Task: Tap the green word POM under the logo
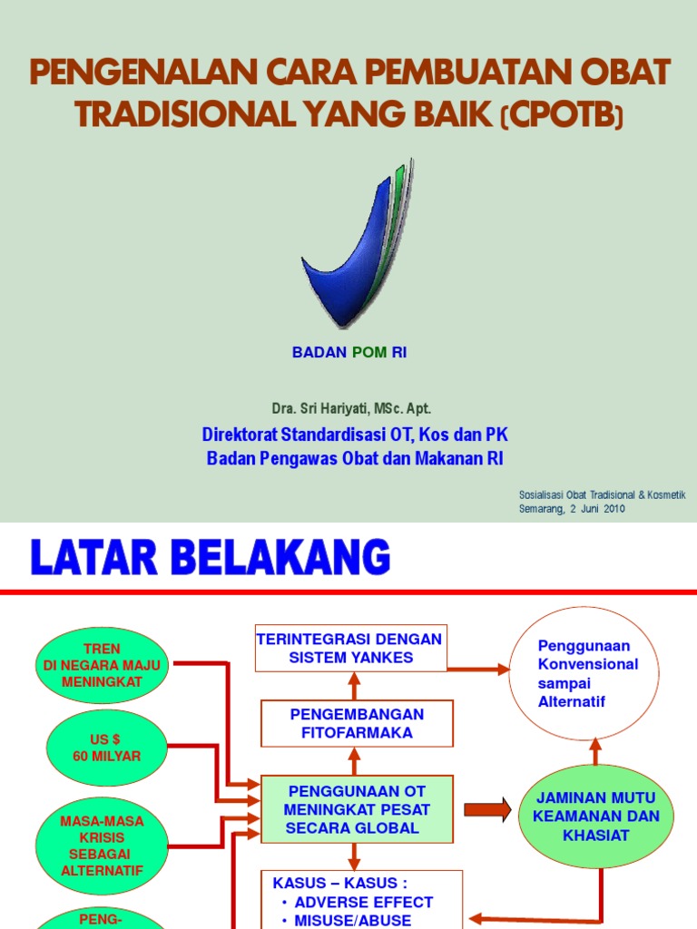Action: pos(369,353)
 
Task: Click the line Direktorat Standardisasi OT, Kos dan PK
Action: pos(354,435)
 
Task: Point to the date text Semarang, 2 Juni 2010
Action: pos(572,509)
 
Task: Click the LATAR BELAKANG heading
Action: pos(211,557)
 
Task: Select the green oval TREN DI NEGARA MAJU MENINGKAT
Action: pos(102,666)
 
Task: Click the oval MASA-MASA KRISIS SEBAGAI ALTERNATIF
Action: pos(102,845)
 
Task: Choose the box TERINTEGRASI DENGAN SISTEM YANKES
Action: pos(349,648)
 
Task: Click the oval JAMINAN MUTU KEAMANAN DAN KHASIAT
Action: pos(595,816)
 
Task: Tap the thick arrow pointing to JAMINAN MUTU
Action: pos(487,808)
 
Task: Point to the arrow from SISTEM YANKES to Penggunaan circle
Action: pos(476,670)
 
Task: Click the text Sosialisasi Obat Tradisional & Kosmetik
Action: pos(602,494)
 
